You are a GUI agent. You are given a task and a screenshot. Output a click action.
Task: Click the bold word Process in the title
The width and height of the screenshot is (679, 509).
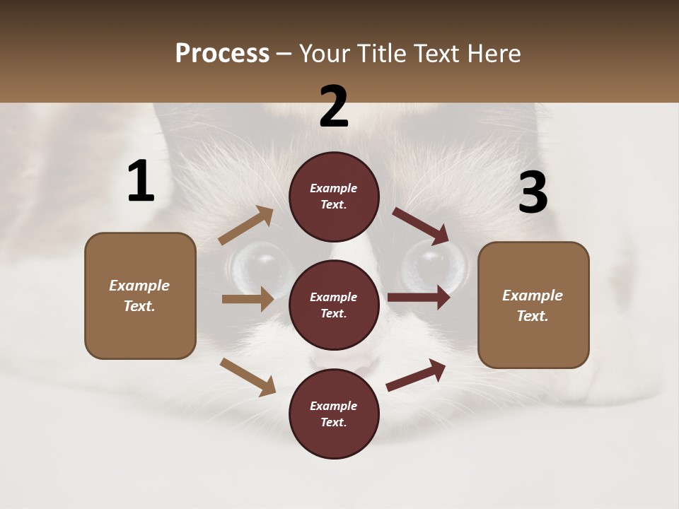222,54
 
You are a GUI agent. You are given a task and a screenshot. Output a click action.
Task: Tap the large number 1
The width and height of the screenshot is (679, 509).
141,182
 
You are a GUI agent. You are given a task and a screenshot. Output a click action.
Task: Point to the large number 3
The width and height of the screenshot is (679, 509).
533,193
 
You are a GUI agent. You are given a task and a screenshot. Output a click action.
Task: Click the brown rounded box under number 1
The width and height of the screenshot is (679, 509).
140,296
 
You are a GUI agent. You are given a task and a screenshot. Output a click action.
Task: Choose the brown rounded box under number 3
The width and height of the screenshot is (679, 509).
533,305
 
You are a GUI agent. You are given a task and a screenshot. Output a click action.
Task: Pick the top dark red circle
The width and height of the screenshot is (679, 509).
334,197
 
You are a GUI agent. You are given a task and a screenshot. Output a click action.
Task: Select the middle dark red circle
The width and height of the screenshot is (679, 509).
334,305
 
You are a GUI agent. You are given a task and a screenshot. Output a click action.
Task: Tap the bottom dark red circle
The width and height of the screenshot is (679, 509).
334,414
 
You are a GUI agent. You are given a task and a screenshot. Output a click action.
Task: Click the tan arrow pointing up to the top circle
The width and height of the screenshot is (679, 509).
245,226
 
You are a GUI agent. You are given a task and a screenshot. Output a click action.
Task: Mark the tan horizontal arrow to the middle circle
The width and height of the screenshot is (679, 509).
248,299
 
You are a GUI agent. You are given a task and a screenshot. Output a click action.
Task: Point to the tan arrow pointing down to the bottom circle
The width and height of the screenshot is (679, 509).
248,376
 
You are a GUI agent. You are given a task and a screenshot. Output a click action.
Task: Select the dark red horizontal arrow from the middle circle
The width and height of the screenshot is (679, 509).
418,298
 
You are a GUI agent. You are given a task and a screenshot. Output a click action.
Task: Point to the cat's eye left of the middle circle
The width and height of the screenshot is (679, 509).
260,267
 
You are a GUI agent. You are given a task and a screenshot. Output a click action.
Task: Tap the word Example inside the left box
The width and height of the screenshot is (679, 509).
139,286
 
